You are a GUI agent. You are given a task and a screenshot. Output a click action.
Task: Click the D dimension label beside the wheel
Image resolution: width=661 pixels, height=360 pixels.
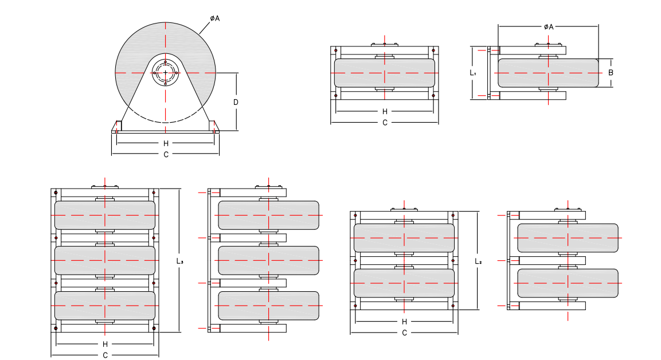[x=236, y=102]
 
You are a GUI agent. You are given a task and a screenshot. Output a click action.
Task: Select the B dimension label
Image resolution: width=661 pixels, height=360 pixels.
[x=611, y=73]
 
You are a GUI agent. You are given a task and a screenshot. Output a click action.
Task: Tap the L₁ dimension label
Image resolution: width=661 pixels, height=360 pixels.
[x=472, y=73]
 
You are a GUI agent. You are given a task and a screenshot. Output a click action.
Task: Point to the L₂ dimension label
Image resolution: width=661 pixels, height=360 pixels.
[x=478, y=261]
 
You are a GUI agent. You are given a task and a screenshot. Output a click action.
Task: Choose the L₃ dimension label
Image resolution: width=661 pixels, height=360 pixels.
[x=179, y=261]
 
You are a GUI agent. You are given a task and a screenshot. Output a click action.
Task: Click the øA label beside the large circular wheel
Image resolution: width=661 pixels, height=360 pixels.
[x=215, y=18]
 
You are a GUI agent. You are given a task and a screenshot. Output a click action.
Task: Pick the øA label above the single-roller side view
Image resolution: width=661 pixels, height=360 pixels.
[x=548, y=26]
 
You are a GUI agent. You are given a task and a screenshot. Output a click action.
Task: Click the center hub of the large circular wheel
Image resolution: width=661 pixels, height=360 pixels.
[x=166, y=73]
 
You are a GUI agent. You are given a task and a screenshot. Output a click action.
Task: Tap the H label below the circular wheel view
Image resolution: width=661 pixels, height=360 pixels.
[x=166, y=143]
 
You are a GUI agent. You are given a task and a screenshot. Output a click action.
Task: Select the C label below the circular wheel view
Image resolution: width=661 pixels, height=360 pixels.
[x=166, y=154]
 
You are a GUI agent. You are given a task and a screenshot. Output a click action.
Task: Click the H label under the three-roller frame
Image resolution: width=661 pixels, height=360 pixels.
[x=105, y=344]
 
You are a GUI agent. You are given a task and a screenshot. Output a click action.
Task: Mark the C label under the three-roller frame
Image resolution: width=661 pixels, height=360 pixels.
[x=105, y=355]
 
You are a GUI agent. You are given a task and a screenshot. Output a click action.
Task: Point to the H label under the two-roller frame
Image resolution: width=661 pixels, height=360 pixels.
[x=404, y=322]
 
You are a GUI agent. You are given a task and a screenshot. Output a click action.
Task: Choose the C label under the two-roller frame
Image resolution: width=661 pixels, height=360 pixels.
[x=404, y=333]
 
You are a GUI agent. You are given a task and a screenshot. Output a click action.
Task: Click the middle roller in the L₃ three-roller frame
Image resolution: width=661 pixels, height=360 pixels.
[x=105, y=260]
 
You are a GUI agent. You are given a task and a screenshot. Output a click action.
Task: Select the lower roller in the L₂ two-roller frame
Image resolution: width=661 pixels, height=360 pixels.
[x=404, y=283]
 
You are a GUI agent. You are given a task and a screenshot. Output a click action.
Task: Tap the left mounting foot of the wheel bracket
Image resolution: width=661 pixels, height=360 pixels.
[x=117, y=127]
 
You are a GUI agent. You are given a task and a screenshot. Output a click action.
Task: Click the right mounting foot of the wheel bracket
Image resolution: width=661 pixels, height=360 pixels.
[x=214, y=127]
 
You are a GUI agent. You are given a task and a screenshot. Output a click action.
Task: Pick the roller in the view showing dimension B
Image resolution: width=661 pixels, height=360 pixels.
[x=548, y=73]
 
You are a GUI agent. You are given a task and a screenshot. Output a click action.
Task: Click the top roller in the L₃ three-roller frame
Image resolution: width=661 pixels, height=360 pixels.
[x=105, y=214]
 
